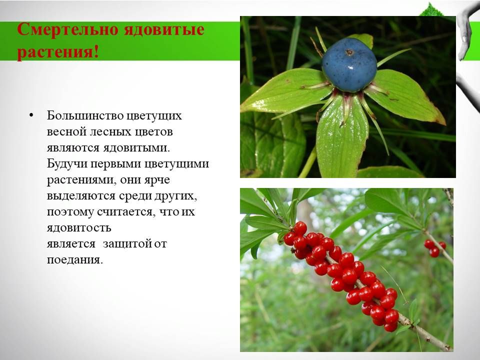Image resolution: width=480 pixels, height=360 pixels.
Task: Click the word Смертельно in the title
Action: pyautogui.click(x=67, y=29)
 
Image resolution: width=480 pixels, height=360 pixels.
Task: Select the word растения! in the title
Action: pyautogui.click(x=58, y=51)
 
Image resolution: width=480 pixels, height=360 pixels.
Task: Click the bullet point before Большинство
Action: pyautogui.click(x=31, y=115)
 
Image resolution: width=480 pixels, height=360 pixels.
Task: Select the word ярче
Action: pyautogui.click(x=157, y=179)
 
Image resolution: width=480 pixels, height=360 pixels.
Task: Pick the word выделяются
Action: pyautogui.click(x=81, y=196)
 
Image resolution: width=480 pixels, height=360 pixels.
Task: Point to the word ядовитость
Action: pyautogui.click(x=79, y=228)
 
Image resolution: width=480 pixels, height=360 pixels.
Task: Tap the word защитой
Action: pyautogui.click(x=127, y=243)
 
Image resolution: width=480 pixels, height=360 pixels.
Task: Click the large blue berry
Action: pyautogui.click(x=349, y=65)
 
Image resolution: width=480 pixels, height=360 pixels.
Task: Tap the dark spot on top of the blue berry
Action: pyautogui.click(x=349, y=52)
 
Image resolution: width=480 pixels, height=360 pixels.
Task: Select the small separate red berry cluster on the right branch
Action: pyautogui.click(x=434, y=248)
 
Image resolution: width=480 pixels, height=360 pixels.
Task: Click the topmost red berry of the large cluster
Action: pyautogui.click(x=300, y=228)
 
